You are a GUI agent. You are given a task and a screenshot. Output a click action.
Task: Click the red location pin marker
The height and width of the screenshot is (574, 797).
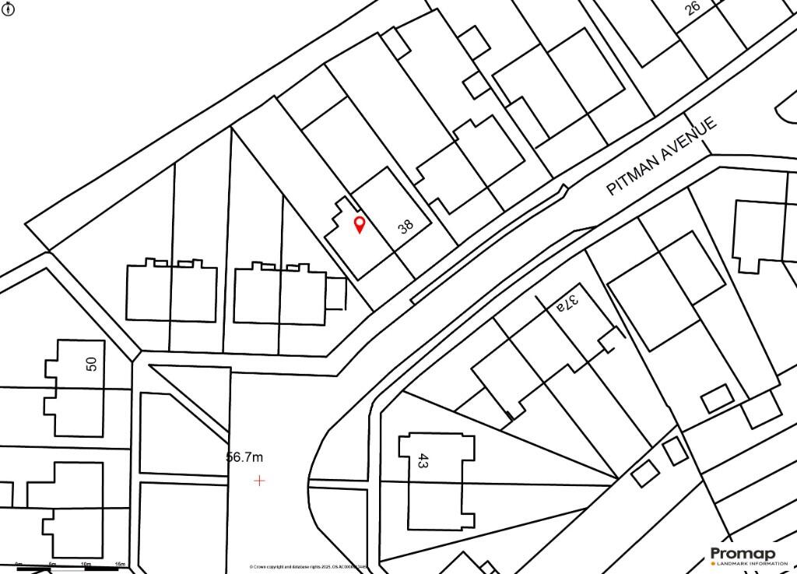pyautogui.click(x=359, y=225)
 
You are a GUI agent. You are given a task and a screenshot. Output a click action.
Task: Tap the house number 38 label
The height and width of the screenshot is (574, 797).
pyautogui.click(x=406, y=227)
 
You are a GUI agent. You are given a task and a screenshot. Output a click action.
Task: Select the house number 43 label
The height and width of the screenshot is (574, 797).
pyautogui.click(x=423, y=460)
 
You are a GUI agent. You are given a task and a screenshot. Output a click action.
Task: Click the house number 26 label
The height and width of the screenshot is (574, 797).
pyautogui.click(x=692, y=7)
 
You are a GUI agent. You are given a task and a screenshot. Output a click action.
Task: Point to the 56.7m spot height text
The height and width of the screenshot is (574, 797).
pyautogui.click(x=245, y=457)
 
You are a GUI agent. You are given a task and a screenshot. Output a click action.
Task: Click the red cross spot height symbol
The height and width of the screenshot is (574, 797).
pyautogui.click(x=259, y=481)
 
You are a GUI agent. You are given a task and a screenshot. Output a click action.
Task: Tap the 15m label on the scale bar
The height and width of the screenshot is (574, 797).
pyautogui.click(x=120, y=563)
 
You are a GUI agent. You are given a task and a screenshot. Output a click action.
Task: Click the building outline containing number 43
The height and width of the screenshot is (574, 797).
pyautogui.click(x=437, y=479)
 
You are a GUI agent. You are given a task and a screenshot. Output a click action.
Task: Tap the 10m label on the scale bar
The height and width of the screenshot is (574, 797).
pyautogui.click(x=86, y=563)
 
